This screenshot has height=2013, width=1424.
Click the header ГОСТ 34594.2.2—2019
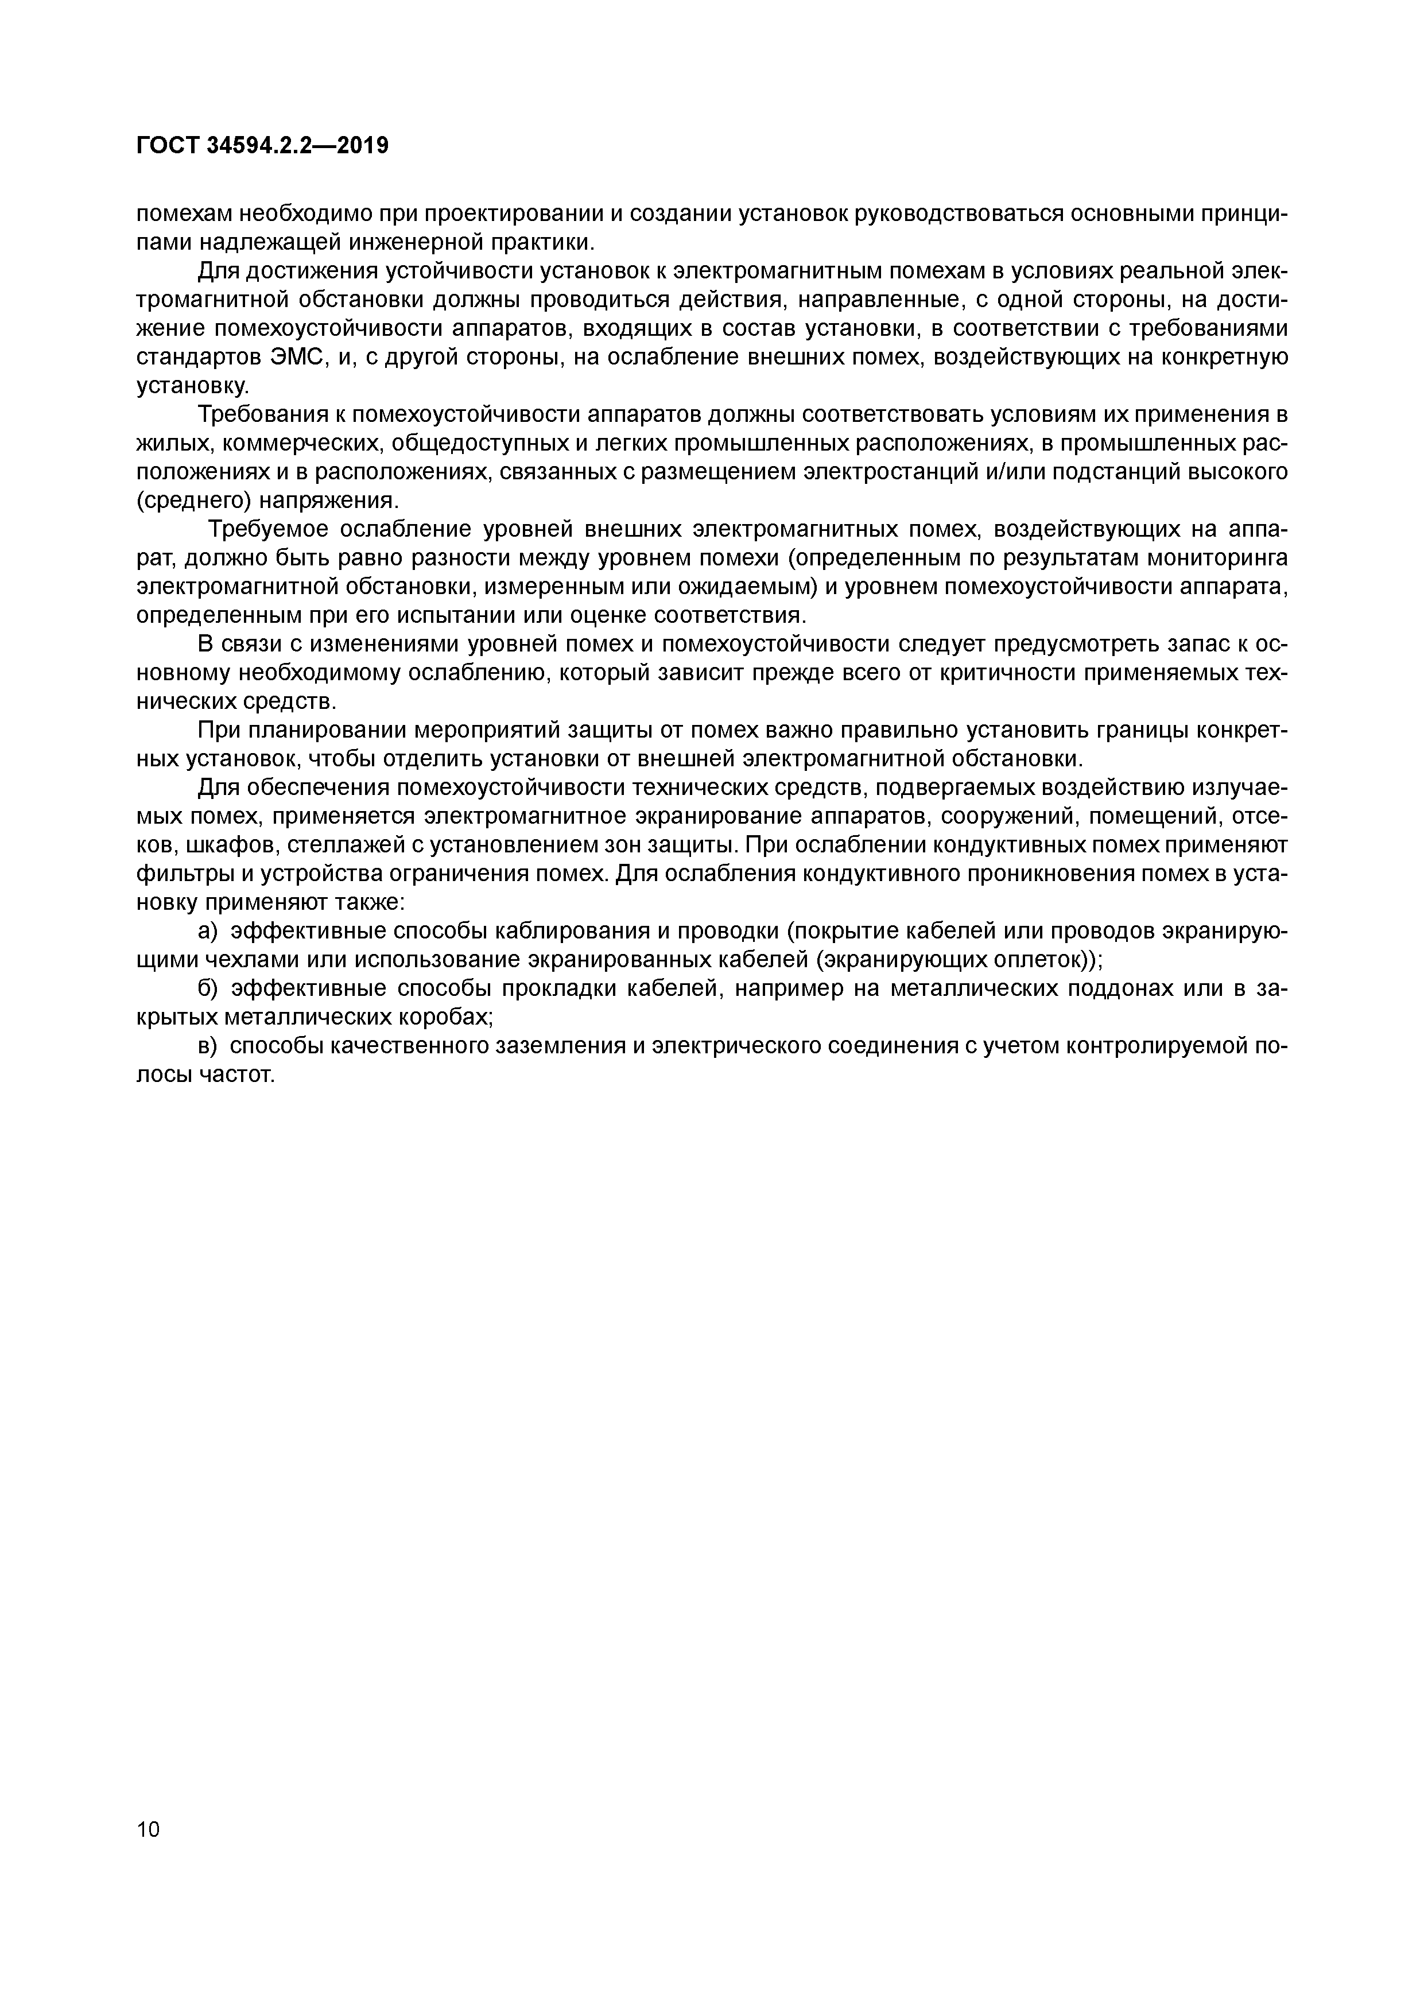262,146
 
